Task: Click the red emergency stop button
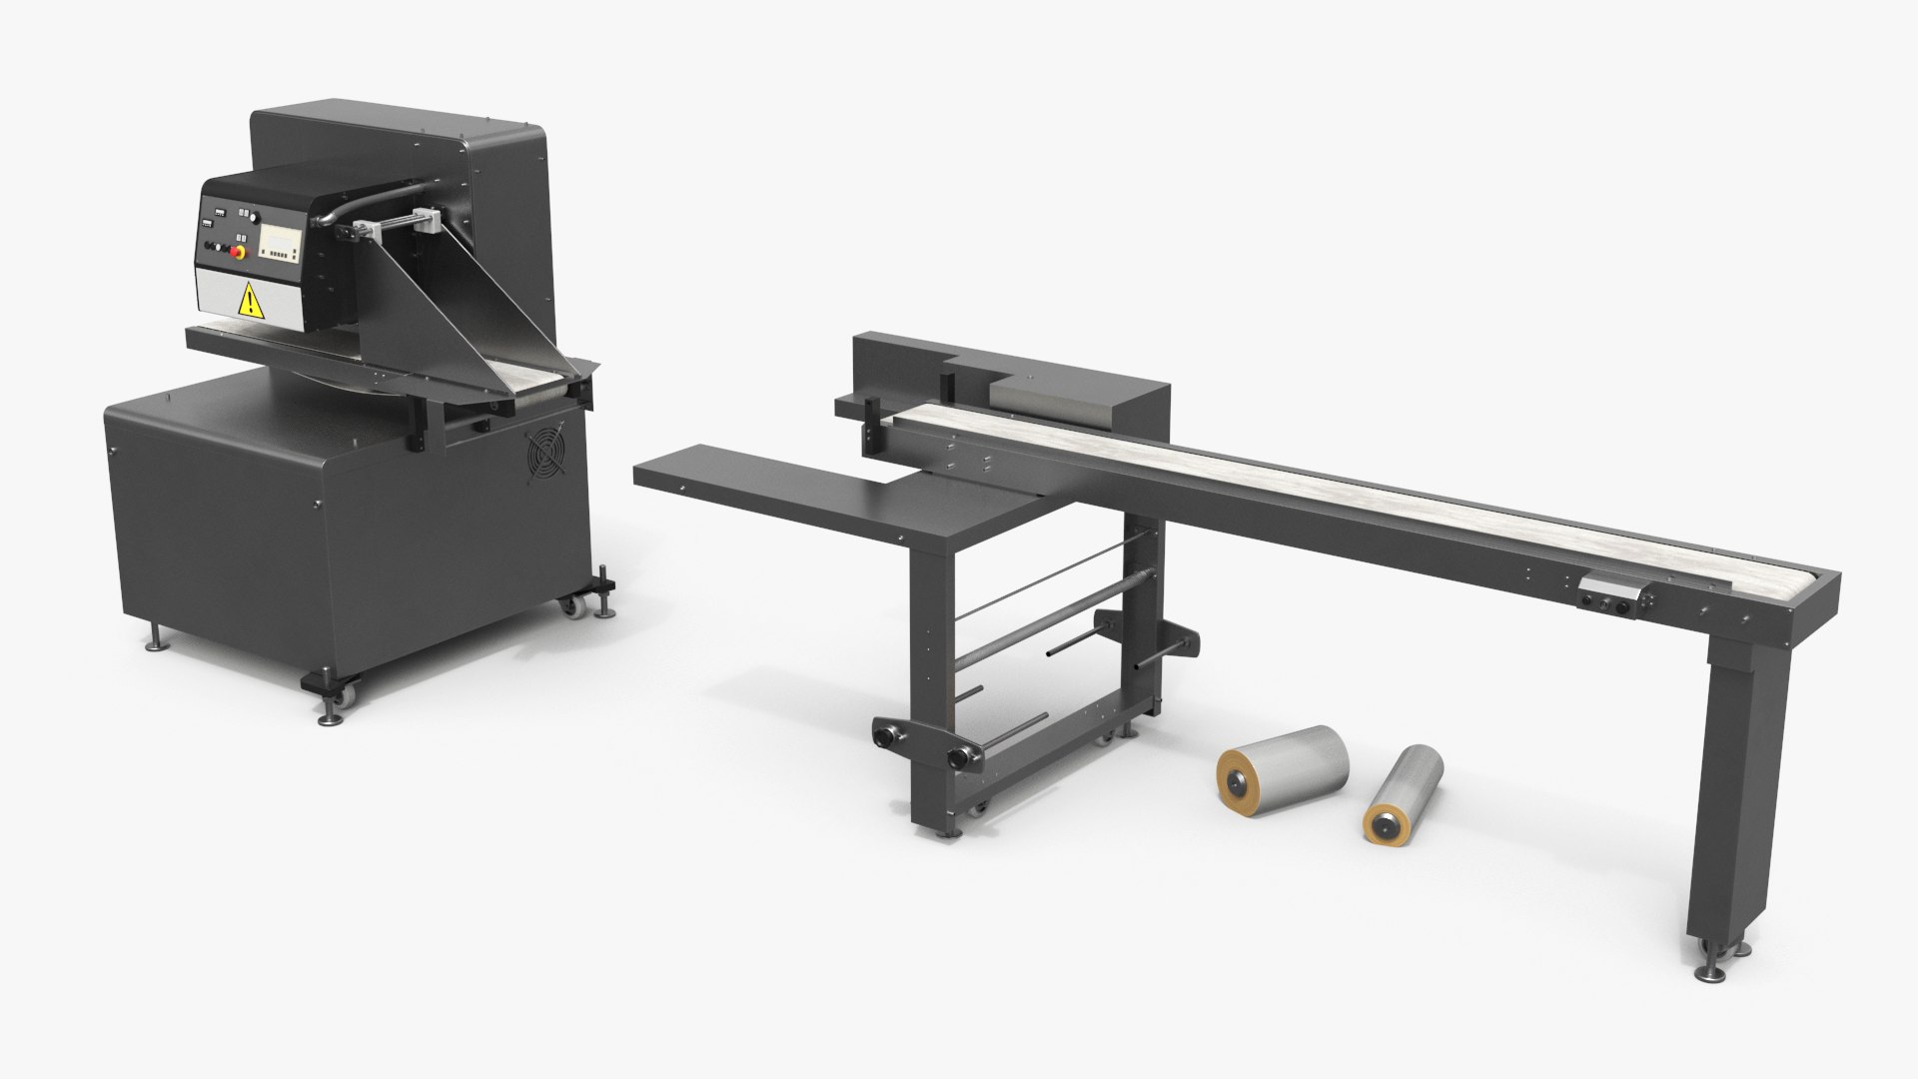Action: click(237, 251)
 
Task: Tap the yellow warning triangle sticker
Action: click(248, 300)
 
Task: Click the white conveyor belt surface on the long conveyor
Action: click(1299, 490)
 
